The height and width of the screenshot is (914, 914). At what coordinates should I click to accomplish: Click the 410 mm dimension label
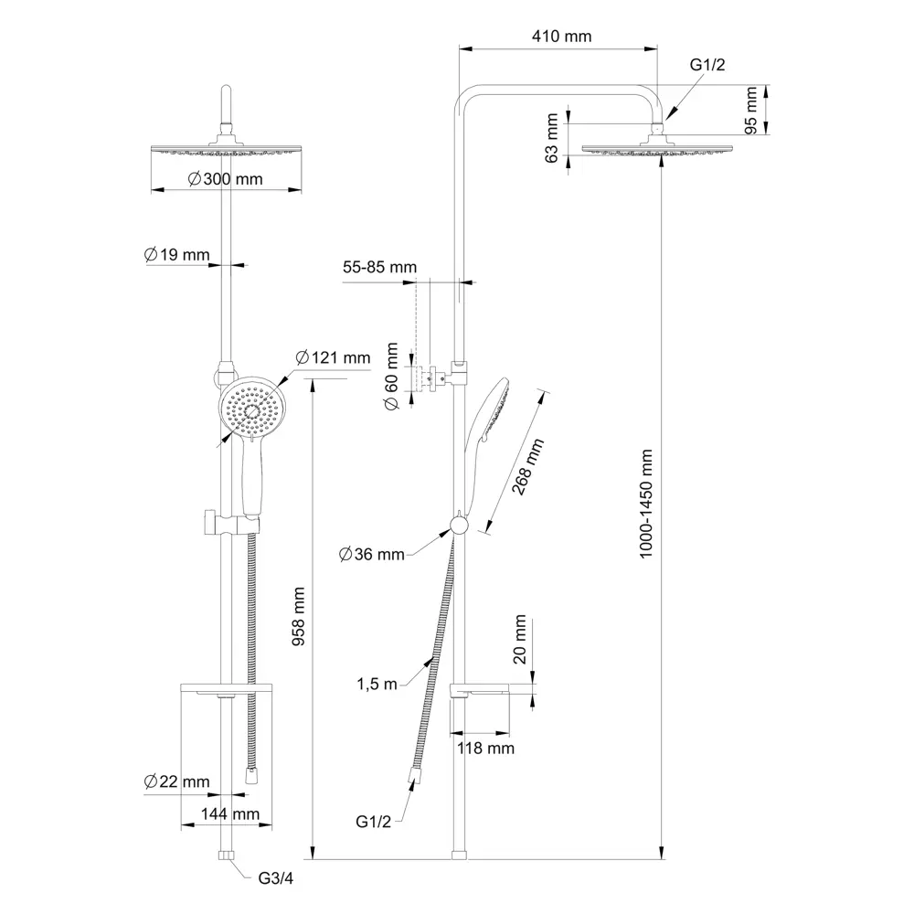tap(561, 37)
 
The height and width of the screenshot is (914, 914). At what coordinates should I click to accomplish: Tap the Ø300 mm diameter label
tap(226, 179)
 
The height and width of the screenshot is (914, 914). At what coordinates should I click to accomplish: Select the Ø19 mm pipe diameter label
tap(176, 255)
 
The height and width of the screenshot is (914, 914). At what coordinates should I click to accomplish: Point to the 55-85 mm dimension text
tap(379, 267)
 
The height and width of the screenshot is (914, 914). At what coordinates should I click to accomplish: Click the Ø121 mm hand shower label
tap(333, 357)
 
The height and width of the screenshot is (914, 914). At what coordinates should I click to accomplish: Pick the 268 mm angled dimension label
tap(527, 467)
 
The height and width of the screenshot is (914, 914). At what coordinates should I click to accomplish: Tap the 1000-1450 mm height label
tap(646, 504)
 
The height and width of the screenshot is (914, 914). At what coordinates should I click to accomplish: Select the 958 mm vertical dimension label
tap(299, 617)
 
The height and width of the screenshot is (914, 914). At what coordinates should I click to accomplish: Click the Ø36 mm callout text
tap(371, 554)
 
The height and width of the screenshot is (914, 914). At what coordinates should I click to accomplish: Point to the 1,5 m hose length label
tap(377, 684)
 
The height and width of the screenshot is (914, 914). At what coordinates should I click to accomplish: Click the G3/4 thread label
tap(276, 877)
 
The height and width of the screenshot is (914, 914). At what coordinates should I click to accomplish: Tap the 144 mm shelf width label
tap(230, 813)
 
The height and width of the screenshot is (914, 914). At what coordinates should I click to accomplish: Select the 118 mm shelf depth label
tap(485, 748)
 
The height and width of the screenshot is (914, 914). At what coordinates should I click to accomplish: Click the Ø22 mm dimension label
tap(176, 781)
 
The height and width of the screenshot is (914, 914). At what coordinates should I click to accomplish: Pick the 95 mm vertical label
tap(750, 111)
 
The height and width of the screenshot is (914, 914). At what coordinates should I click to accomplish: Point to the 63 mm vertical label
tap(551, 138)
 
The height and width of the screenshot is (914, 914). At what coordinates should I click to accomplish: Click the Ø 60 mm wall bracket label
tap(391, 377)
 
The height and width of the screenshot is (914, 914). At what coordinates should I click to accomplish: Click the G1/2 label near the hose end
tap(373, 822)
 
